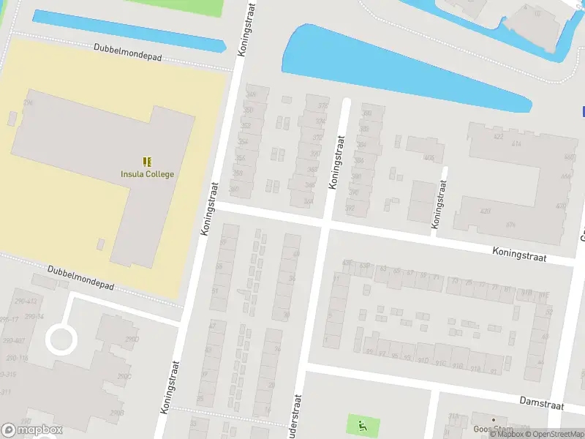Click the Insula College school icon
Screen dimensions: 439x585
[147, 161]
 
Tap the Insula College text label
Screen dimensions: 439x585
[147, 174]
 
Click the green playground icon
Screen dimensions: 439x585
[361, 424]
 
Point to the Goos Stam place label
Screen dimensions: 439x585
[494, 429]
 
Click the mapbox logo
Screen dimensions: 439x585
[31, 429]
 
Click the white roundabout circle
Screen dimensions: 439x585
[61, 339]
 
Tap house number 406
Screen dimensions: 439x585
[429, 158]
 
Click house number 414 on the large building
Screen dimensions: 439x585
[517, 144]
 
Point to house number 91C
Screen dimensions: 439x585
[440, 361]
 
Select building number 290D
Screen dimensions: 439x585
[132, 339]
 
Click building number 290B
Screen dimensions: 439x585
[116, 413]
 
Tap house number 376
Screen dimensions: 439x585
[510, 225]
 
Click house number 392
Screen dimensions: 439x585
[350, 209]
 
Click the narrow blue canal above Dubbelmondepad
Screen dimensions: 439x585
[128, 31]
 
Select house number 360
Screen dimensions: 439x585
[234, 190]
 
